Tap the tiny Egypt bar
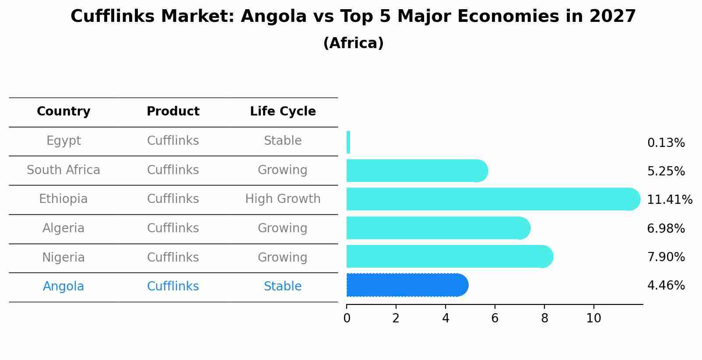(348, 142)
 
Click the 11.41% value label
(669, 200)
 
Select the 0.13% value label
(666, 143)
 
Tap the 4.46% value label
(666, 286)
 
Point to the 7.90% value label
(666, 257)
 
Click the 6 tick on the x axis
(495, 318)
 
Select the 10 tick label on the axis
(593, 318)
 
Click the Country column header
(63, 112)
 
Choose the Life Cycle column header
(283, 112)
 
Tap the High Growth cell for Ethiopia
(283, 199)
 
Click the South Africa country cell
(63, 170)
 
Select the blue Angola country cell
(63, 287)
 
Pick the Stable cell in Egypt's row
(283, 141)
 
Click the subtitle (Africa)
(353, 43)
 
